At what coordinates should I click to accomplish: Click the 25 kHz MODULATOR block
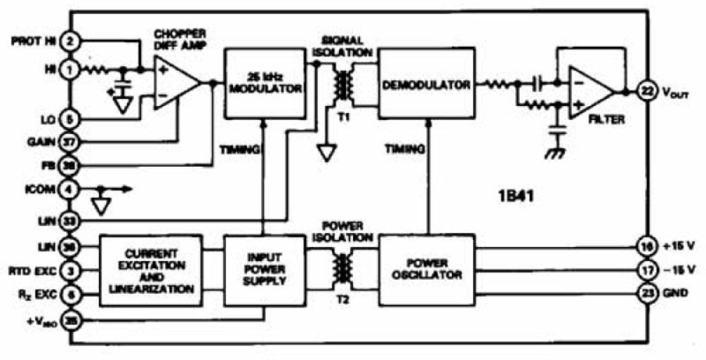click(x=264, y=84)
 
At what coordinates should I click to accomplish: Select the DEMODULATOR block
click(x=427, y=84)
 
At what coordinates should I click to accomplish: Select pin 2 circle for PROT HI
click(x=70, y=40)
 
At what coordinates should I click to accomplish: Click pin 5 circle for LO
click(x=70, y=119)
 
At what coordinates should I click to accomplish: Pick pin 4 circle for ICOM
click(x=70, y=189)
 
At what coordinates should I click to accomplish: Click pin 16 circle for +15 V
click(x=649, y=245)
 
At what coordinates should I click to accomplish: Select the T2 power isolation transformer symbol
click(x=342, y=269)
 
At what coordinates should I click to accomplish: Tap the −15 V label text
click(x=679, y=271)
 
